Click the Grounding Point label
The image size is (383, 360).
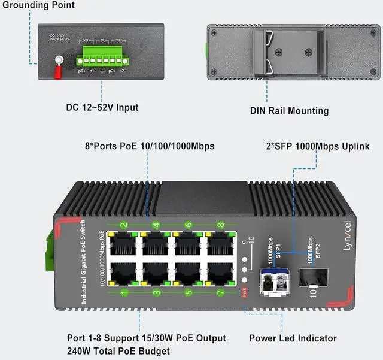pyautogui.click(x=38, y=5)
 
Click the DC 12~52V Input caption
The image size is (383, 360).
pyautogui.click(x=102, y=108)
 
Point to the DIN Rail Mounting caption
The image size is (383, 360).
pyautogui.click(x=289, y=111)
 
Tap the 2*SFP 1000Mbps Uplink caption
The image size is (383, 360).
pyautogui.click(x=317, y=146)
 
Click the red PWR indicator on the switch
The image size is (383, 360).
pyautogui.click(x=244, y=292)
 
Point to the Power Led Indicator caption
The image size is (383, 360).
pyautogui.click(x=293, y=338)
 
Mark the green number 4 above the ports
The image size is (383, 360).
pyautogui.click(x=156, y=226)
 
